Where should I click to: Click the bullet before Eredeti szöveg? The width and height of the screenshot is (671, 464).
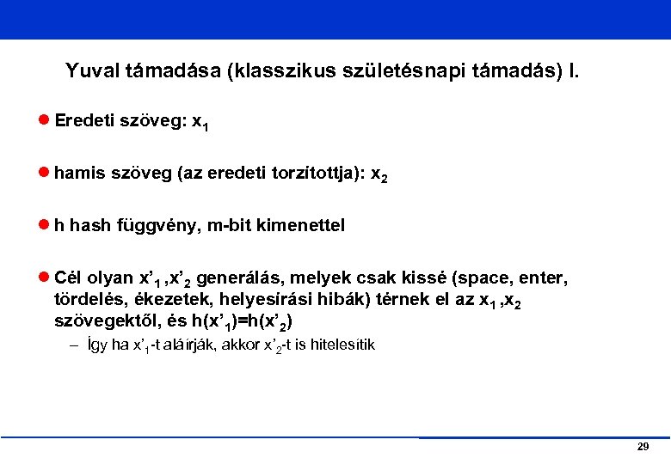[x=44, y=122]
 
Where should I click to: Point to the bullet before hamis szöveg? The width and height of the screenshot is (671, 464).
[x=44, y=174]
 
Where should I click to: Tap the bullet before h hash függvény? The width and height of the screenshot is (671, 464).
[x=44, y=226]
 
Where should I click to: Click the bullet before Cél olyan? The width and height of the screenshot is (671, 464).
[x=44, y=278]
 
